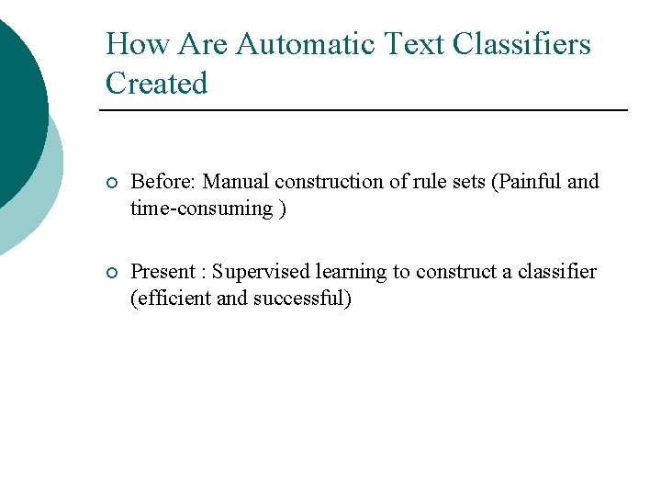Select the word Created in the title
click(157, 84)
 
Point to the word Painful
click(531, 181)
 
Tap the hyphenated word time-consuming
click(202, 208)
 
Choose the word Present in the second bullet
click(163, 271)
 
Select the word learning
click(353, 271)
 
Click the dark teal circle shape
click(18, 101)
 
